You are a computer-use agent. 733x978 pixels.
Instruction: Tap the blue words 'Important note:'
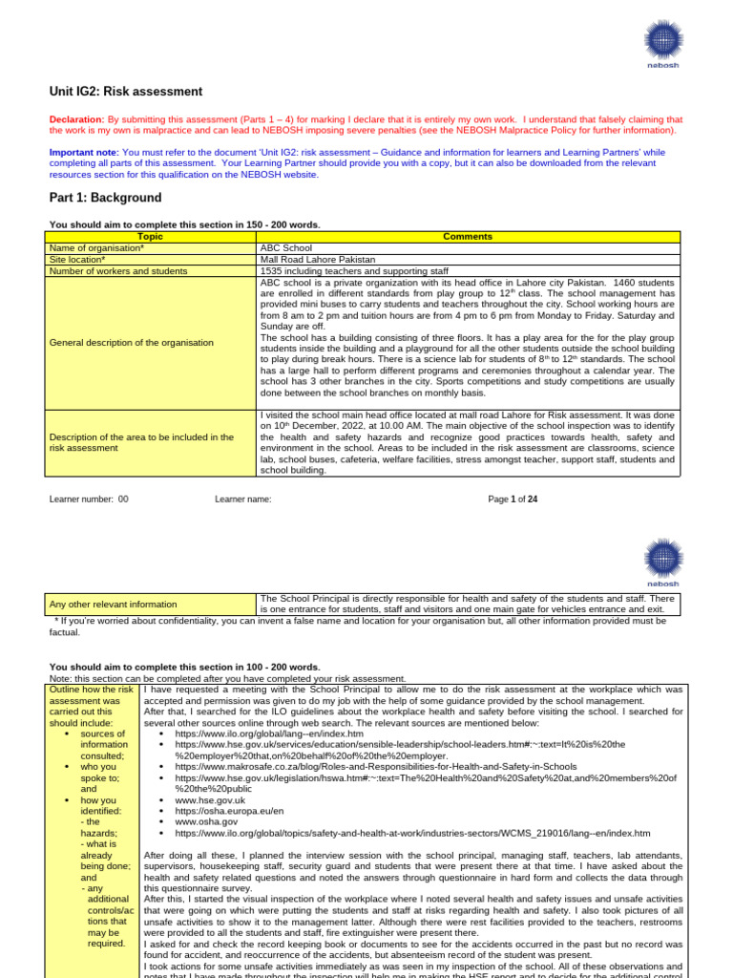84,153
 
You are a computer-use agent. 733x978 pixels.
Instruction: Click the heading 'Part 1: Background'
105,198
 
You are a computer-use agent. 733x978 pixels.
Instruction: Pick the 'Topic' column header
150,236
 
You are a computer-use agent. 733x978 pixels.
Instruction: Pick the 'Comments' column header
468,236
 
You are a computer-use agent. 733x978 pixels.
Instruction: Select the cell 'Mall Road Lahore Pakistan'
318,259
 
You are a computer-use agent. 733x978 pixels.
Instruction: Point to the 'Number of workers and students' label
117,270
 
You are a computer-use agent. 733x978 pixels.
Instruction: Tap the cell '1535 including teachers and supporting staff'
354,270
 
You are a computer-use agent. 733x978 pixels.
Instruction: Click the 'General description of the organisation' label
131,342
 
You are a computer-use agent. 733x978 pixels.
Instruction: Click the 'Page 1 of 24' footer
513,499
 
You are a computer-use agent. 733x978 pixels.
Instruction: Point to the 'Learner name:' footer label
243,499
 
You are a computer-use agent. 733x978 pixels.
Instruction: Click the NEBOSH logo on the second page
662,561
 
